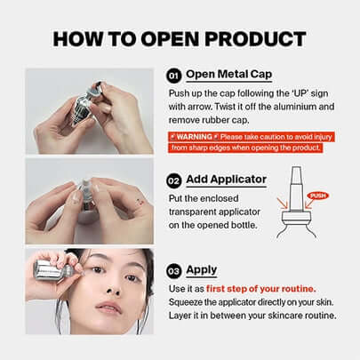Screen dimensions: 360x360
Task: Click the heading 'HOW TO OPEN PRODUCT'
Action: click(180, 38)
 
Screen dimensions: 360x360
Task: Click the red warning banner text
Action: click(244, 142)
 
